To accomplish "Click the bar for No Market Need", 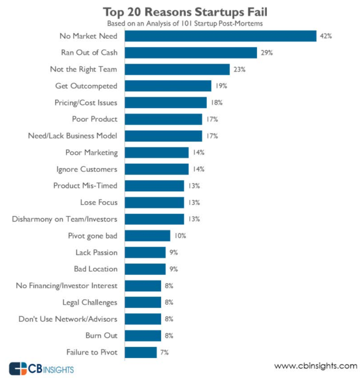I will coord(221,36).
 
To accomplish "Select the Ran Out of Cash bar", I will coord(191,53).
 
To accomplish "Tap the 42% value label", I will coord(325,36).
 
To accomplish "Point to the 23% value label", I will coord(239,69).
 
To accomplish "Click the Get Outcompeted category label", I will coord(86,86).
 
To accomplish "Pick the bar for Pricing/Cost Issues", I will coord(166,103).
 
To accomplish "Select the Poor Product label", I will coord(94,119).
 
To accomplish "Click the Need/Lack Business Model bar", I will coord(163,136).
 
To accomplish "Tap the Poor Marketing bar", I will coord(156,153).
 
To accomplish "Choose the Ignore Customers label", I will coord(87,169).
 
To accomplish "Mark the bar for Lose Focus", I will coord(154,203).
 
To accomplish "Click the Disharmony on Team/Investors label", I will coord(65,219).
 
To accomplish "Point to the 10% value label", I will coord(180,236).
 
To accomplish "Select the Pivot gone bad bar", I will coord(147,236).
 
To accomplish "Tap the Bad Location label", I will coord(95,269).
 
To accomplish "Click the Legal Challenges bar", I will coord(143,302).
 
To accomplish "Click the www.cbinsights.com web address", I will coord(315,366).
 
